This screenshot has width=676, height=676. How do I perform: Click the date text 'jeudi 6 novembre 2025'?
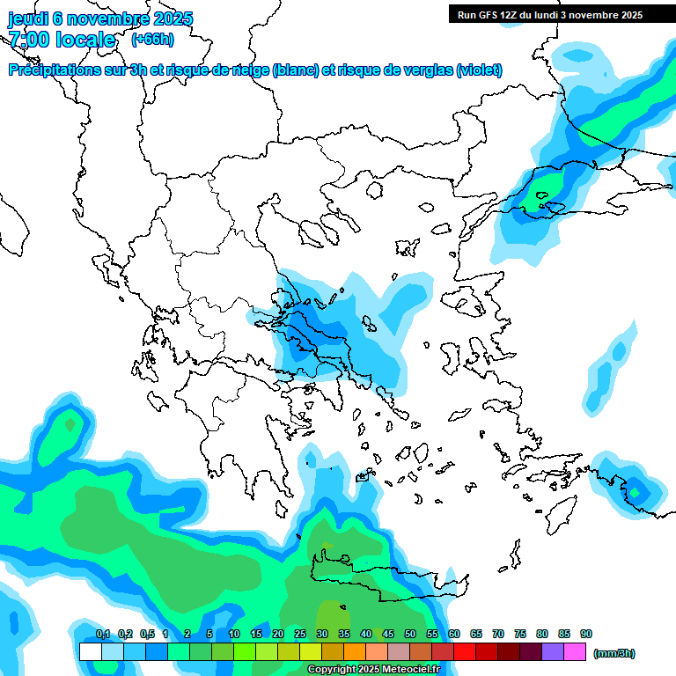(100, 18)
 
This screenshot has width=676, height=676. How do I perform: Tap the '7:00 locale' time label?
(62, 40)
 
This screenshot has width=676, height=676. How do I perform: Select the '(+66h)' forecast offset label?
(152, 39)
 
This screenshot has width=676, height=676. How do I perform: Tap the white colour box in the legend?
(90, 652)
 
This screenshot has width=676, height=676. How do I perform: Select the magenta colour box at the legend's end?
(575, 652)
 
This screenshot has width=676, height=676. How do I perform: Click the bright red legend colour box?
(465, 652)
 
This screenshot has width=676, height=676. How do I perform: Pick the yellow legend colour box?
(310, 652)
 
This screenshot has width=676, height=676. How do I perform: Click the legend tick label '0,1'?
(102, 635)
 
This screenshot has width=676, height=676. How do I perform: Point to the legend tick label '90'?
(586, 635)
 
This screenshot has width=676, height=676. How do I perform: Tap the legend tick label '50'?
(410, 635)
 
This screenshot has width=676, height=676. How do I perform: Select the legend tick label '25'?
(300, 635)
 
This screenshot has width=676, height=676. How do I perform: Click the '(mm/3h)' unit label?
(614, 653)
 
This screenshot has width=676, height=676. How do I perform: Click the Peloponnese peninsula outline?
(251, 440)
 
